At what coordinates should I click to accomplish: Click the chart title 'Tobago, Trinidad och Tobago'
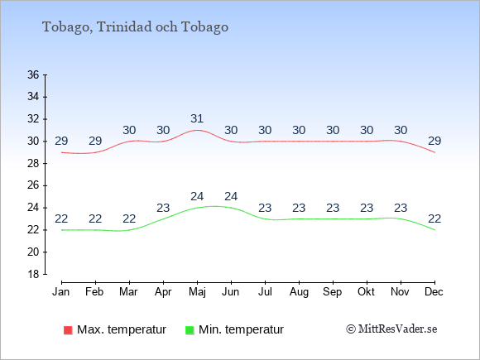click(135, 27)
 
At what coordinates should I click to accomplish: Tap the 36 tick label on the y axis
click(33, 74)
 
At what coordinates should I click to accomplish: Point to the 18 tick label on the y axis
click(33, 274)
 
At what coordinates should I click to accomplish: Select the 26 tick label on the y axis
click(33, 185)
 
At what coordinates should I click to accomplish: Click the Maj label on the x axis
click(197, 292)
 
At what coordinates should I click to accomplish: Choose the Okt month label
click(366, 292)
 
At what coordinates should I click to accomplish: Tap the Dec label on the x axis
click(434, 292)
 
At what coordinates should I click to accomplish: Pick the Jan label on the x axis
click(61, 292)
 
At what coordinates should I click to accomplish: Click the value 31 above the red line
click(197, 119)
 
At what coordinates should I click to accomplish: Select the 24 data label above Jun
click(231, 196)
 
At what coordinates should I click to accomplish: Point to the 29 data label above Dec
click(434, 142)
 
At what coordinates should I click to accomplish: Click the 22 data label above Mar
click(129, 218)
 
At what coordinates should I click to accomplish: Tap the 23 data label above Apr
click(163, 209)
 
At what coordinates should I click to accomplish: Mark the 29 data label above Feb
click(95, 142)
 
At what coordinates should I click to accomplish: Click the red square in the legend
click(68, 330)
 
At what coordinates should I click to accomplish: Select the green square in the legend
click(190, 330)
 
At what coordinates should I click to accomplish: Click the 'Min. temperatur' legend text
click(241, 329)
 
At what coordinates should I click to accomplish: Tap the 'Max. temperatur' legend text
click(122, 329)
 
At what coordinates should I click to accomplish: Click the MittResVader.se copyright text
click(391, 329)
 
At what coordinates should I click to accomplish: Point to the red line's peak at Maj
click(197, 130)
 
